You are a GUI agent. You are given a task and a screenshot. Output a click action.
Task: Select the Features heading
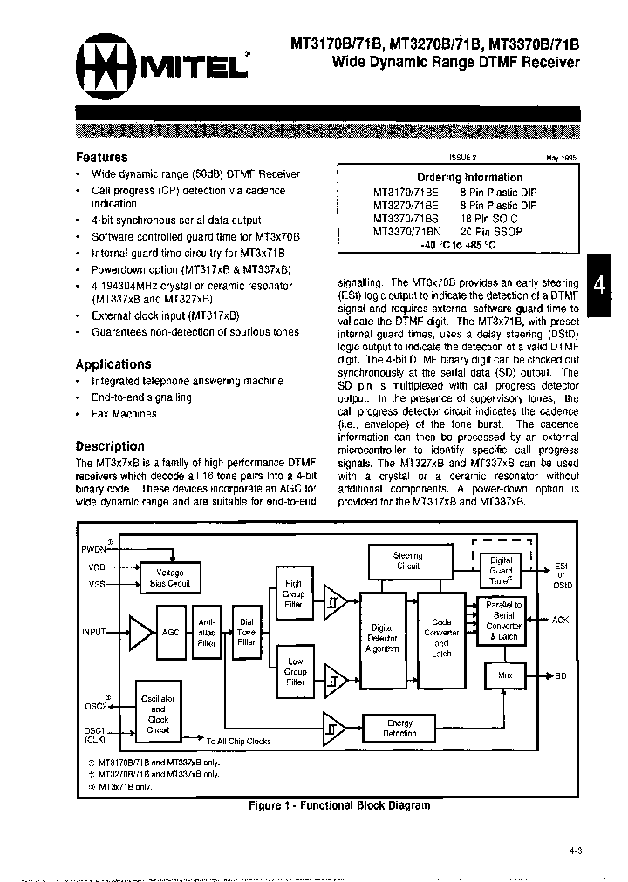pyautogui.click(x=101, y=158)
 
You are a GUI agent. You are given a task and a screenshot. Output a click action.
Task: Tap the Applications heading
pyautogui.click(x=113, y=364)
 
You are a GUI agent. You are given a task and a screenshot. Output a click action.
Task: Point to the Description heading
pyautogui.click(x=110, y=445)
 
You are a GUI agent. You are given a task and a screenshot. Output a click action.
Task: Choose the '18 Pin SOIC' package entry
pyautogui.click(x=488, y=218)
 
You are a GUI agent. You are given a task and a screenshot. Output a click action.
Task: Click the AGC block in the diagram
pyautogui.click(x=170, y=631)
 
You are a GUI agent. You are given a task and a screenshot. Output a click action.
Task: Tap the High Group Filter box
pyautogui.click(x=293, y=594)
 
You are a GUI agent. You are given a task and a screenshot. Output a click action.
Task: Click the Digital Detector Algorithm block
pyautogui.click(x=383, y=639)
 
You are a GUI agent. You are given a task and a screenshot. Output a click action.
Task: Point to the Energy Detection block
pyautogui.click(x=400, y=728)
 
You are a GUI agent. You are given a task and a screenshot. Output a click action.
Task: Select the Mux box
pyautogui.click(x=505, y=675)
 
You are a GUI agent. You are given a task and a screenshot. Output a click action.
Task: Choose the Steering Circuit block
pyautogui.click(x=407, y=560)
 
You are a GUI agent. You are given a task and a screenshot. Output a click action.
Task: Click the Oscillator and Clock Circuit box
pyautogui.click(x=158, y=715)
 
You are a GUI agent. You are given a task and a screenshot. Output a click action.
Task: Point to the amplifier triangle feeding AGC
pyautogui.click(x=138, y=632)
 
